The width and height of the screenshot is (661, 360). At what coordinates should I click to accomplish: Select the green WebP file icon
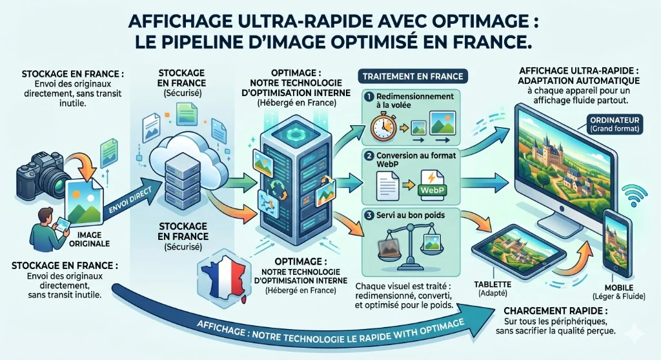click(x=432, y=185)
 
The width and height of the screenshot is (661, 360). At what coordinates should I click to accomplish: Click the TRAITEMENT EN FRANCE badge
click(x=412, y=76)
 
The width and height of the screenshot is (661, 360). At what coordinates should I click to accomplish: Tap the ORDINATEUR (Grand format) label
click(x=615, y=124)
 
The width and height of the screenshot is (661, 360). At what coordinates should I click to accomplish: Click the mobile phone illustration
click(x=617, y=243)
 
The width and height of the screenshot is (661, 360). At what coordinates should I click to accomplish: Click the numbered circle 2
click(x=369, y=155)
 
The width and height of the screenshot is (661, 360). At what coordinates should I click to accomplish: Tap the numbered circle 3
click(x=369, y=215)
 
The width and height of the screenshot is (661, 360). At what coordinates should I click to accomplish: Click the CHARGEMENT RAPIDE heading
click(x=556, y=311)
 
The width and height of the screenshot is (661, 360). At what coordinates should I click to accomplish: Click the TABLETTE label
click(x=493, y=285)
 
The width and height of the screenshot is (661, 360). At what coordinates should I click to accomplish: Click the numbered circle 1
click(x=369, y=97)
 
